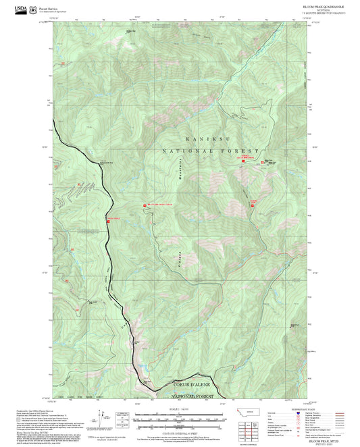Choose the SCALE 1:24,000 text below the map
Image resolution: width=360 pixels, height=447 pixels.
pyautogui.click(x=180, y=409)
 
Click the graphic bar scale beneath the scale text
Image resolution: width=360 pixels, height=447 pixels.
pyautogui.click(x=180, y=419)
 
